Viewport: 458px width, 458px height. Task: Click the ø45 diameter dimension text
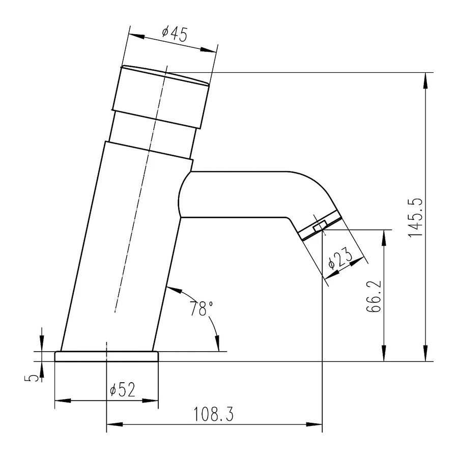pyautogui.click(x=175, y=34)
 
